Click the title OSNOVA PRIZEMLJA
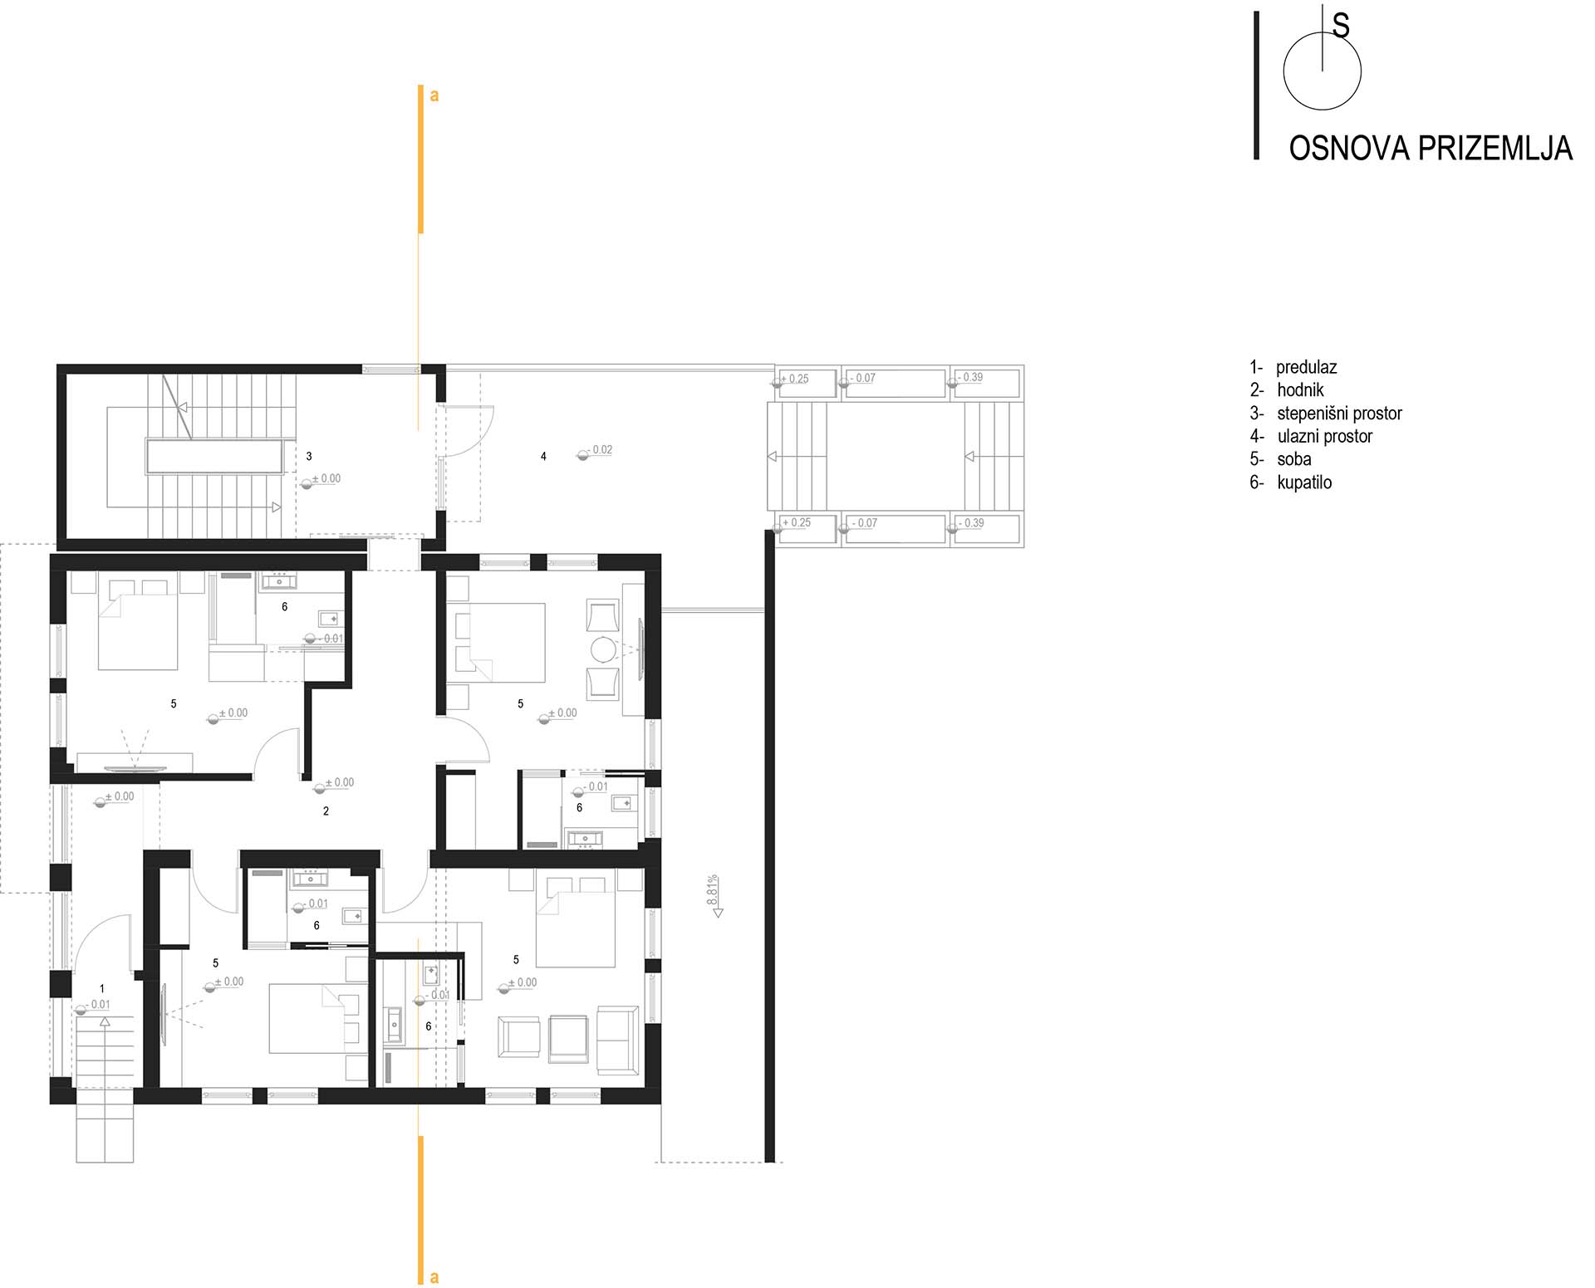1431,148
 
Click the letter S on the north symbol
1341,27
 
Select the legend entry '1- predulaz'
1293,367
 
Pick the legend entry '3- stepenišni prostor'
1326,413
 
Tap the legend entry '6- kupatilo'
1291,482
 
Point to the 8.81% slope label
713,890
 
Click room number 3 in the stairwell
309,456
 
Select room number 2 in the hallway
326,811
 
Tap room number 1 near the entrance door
102,989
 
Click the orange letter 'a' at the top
434,96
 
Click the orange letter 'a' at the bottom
434,1278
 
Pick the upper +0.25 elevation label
796,379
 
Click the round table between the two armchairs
603,649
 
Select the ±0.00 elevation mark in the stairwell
326,478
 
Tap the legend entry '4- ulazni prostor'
1311,436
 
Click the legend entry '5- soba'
1280,459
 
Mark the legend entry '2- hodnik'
1287,389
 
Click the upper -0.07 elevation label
862,378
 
